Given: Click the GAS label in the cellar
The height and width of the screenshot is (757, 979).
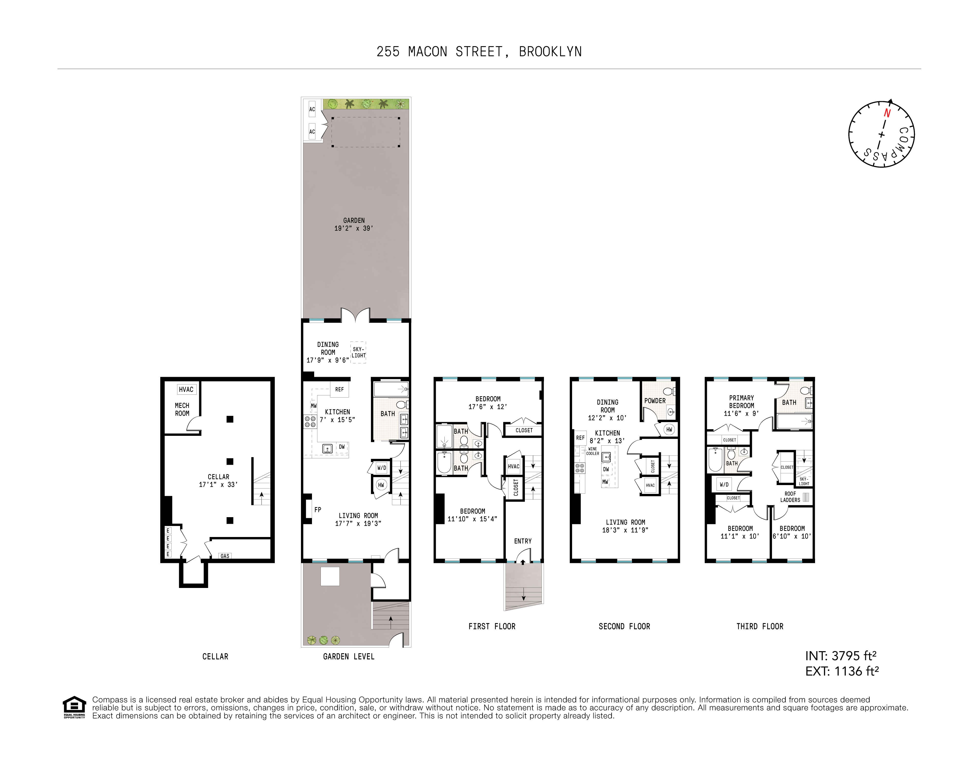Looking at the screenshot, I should pyautogui.click(x=225, y=556).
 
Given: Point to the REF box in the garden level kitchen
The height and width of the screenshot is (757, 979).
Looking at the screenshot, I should pyautogui.click(x=339, y=390).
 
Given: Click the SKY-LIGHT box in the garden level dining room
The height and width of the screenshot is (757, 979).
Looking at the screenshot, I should pyautogui.click(x=358, y=352).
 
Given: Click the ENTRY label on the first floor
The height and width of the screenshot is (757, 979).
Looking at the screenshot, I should pyautogui.click(x=523, y=541).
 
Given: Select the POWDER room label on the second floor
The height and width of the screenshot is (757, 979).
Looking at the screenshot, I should pyautogui.click(x=655, y=401).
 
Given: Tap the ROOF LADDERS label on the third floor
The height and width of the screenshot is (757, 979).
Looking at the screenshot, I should pyautogui.click(x=790, y=497).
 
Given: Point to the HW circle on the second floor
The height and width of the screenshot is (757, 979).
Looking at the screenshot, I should pyautogui.click(x=669, y=429).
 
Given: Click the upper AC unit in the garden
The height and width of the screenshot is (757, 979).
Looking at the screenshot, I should pyautogui.click(x=312, y=109).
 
